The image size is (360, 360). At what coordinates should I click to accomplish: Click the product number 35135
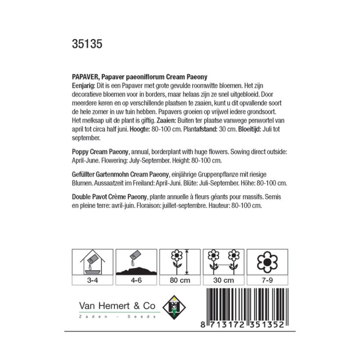(x=87, y=45)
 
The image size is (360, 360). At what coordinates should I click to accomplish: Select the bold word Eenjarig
(x=85, y=85)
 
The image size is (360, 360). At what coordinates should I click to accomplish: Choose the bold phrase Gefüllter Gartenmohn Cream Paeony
(x=121, y=175)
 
